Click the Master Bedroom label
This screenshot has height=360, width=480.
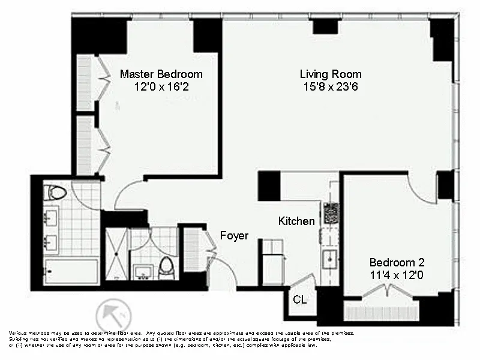(x=161, y=74)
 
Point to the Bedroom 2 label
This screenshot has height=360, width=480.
(x=397, y=262)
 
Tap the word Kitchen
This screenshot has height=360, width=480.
(x=296, y=221)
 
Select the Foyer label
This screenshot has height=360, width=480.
(x=234, y=236)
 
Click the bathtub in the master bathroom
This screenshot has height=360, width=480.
(x=71, y=271)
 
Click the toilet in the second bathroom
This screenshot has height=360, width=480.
(x=166, y=268)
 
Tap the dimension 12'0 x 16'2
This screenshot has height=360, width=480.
(x=161, y=86)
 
